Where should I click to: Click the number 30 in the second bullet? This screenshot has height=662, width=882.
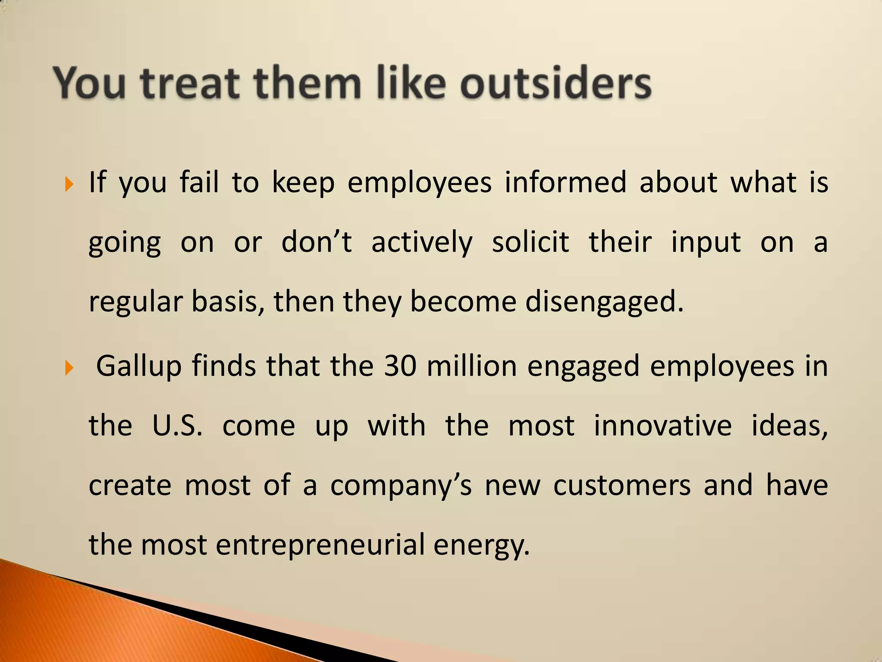[x=400, y=366]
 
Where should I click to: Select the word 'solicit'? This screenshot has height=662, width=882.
[x=531, y=242]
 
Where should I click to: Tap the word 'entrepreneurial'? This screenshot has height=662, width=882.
[x=320, y=545]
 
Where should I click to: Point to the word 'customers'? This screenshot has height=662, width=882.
[x=622, y=486]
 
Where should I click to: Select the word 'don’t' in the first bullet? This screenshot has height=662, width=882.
[x=317, y=242]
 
